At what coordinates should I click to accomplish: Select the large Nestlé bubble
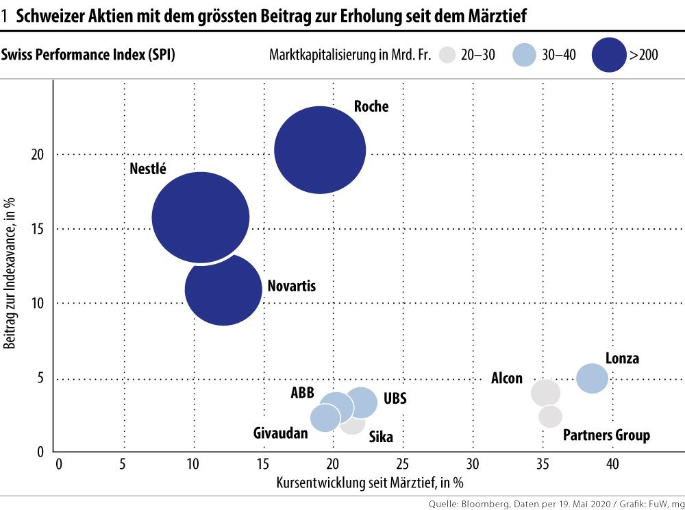(x=200, y=217)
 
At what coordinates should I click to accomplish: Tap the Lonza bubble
(x=592, y=378)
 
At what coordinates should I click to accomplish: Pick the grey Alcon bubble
(x=545, y=393)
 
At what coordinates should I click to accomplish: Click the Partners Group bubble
(x=550, y=415)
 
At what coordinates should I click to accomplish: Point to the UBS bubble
(x=362, y=402)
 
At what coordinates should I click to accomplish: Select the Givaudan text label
(x=281, y=433)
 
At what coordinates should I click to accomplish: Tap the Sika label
(x=381, y=437)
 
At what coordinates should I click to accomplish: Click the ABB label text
(x=302, y=393)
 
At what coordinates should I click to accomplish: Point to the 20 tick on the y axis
(x=38, y=155)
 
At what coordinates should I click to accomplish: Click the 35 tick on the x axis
(x=543, y=465)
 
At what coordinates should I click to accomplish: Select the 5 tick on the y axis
(x=41, y=378)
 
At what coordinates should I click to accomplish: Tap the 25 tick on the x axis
(x=404, y=465)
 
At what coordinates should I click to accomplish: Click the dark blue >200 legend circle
(x=606, y=56)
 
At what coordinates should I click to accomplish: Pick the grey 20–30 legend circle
(x=449, y=56)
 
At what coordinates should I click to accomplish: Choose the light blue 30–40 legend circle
(x=523, y=56)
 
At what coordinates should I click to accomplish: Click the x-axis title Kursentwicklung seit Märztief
(x=370, y=482)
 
